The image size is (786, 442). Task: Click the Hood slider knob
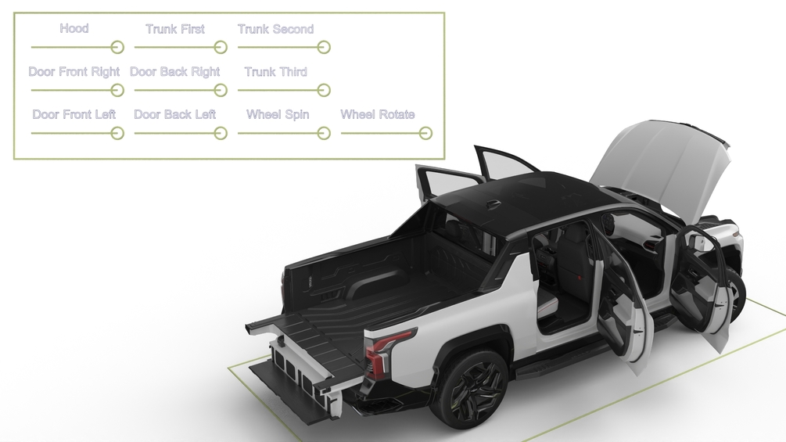click(x=117, y=47)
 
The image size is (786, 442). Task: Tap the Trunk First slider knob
click(x=221, y=47)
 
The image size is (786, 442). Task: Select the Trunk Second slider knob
click(x=324, y=47)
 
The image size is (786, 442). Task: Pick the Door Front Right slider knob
click(x=117, y=90)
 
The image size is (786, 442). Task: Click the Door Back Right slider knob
click(x=221, y=90)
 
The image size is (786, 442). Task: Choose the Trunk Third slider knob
click(x=324, y=90)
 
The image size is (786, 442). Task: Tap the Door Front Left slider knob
click(x=117, y=133)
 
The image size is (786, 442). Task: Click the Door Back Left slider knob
click(x=221, y=133)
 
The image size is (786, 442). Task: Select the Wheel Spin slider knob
click(x=324, y=133)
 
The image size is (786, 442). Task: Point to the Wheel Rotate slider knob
click(x=425, y=133)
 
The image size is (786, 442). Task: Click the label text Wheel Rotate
click(x=378, y=115)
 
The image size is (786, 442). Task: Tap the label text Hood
click(x=74, y=29)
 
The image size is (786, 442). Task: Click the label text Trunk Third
click(x=276, y=72)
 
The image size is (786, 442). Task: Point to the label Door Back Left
click(x=175, y=115)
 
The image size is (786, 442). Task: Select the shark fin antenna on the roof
click(x=493, y=203)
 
